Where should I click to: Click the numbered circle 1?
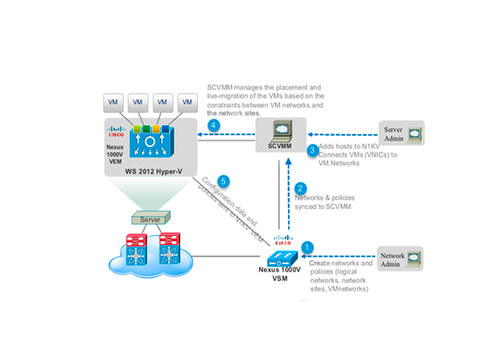pos(306,245)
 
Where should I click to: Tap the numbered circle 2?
pos(301,188)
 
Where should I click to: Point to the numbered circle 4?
pos(214,125)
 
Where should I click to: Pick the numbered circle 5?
pos(222,181)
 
